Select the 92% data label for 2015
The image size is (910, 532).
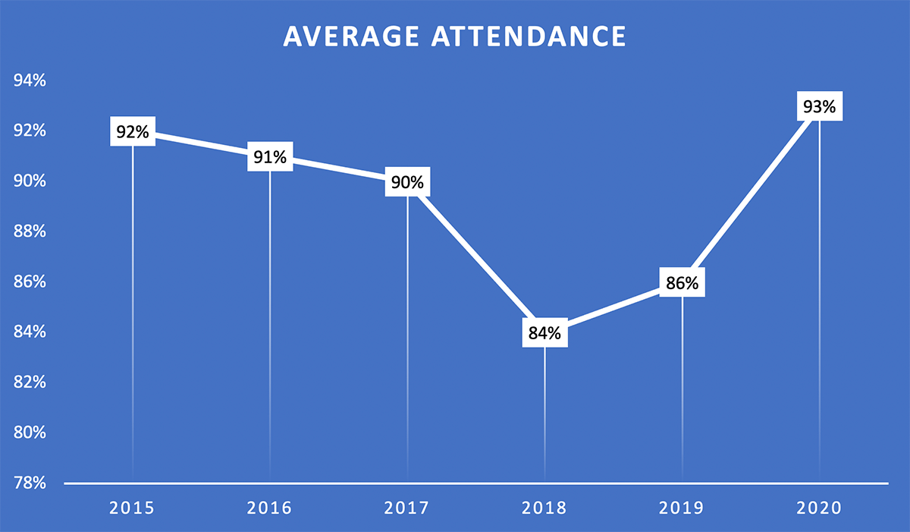point(133,131)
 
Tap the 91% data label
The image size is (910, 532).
point(270,157)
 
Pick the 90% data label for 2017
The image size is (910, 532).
point(408,182)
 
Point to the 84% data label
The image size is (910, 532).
point(544,332)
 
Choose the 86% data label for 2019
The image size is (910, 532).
point(682,282)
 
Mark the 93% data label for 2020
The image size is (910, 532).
point(819,107)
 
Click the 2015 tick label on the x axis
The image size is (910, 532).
point(133,508)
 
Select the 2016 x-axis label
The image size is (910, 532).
point(270,508)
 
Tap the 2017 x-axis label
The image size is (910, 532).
point(407,508)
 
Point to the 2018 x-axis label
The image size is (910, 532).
point(544,508)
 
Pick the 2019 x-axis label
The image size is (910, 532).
point(682,508)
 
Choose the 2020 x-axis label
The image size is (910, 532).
point(819,508)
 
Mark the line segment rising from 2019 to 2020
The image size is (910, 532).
point(751,195)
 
